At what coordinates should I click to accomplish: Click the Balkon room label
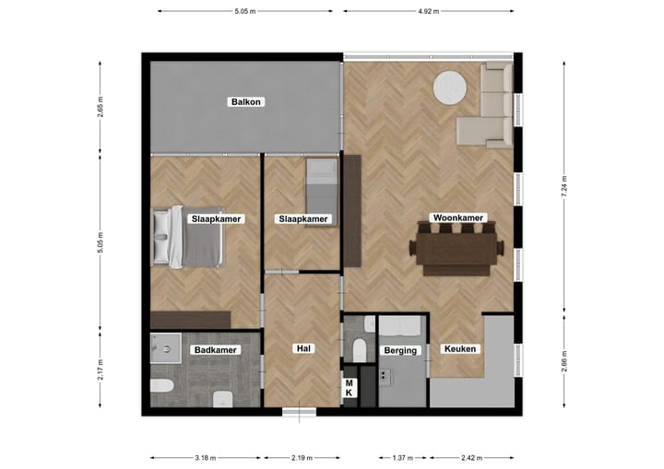tap(245, 102)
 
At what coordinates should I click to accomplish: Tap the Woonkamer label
tap(457, 218)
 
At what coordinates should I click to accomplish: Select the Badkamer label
tap(215, 350)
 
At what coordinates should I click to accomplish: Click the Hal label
tap(302, 349)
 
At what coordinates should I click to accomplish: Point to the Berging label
tap(402, 350)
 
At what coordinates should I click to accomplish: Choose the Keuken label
tap(459, 349)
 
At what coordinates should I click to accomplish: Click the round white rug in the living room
tap(452, 88)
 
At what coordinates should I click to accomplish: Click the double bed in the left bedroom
tap(189, 236)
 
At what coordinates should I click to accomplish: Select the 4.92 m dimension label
tap(428, 11)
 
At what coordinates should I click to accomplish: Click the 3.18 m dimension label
tap(206, 456)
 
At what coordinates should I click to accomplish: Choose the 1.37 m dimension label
tap(401, 456)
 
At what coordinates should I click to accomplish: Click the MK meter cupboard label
tap(350, 388)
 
